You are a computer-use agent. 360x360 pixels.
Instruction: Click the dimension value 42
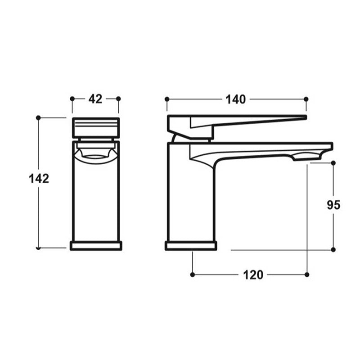[95, 99]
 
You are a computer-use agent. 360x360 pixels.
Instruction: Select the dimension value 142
[39, 179]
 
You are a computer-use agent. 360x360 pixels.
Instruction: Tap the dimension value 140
[236, 99]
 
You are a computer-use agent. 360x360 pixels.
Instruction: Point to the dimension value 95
[333, 205]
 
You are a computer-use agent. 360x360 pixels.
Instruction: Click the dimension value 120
[253, 275]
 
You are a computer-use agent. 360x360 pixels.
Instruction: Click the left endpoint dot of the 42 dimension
[72, 99]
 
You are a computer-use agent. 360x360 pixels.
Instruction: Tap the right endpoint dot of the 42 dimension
[118, 99]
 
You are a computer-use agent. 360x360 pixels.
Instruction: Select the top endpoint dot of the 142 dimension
[38, 118]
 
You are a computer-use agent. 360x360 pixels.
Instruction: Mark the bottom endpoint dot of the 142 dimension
[38, 248]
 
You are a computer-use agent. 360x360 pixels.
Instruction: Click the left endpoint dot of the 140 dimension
[166, 99]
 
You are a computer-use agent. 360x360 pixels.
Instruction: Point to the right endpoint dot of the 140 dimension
[306, 99]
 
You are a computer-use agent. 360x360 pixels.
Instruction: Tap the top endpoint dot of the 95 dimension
[333, 163]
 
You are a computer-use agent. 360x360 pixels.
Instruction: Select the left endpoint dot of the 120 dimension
[193, 274]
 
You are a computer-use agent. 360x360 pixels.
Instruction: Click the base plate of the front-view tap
[95, 246]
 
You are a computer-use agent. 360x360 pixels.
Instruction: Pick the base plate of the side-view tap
[191, 246]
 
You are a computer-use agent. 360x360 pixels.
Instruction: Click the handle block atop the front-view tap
[95, 128]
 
